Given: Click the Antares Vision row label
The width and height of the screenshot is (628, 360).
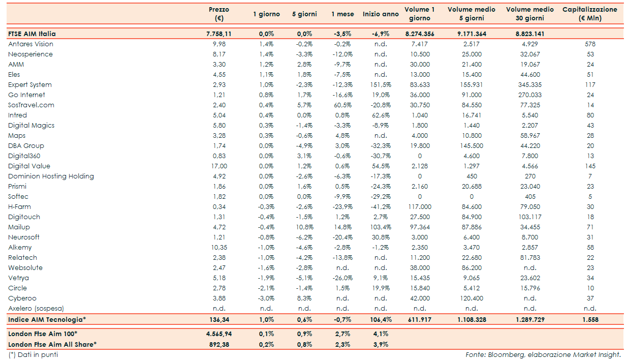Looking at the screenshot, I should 30,44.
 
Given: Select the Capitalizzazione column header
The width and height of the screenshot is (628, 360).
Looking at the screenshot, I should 590,14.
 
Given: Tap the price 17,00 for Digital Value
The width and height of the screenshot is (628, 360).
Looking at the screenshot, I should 219,166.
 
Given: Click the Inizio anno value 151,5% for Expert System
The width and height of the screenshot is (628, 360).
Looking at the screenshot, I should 380,85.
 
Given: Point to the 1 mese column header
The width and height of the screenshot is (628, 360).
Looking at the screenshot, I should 342,14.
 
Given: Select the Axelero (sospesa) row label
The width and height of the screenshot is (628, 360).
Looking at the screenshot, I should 36,309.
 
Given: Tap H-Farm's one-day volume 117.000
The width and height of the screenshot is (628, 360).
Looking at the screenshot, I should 420,207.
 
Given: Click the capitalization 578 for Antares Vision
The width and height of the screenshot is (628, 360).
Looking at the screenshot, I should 590,44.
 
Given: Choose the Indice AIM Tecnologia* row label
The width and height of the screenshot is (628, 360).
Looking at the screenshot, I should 47,320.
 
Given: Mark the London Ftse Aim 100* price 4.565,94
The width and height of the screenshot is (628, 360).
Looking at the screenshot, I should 219,334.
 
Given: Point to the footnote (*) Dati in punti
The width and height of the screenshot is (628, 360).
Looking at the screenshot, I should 33,354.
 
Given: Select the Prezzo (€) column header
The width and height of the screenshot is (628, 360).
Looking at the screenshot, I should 219,14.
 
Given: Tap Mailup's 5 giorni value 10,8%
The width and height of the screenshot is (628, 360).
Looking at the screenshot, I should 304,227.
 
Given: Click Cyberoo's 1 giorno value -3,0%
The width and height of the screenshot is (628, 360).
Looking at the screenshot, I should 266,298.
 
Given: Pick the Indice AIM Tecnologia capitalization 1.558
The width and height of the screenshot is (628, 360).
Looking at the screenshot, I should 590,320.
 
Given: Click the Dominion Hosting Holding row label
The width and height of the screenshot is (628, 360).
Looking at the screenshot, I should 51,176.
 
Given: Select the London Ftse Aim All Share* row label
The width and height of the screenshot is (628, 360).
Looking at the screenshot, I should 52,344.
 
